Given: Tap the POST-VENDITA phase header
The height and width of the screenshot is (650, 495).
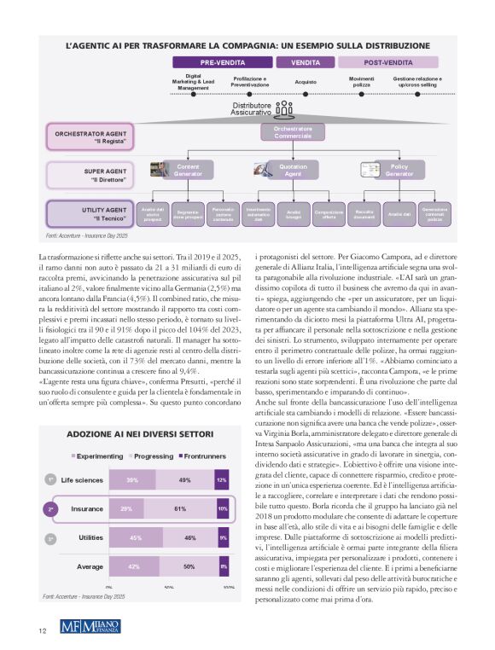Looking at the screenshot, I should click(388, 62).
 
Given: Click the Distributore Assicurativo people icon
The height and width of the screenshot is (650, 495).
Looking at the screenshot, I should click(284, 109).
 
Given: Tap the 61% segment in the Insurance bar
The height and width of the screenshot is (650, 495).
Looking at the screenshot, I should click(180, 509).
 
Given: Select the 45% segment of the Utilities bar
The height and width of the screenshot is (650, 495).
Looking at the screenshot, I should click(135, 538).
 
